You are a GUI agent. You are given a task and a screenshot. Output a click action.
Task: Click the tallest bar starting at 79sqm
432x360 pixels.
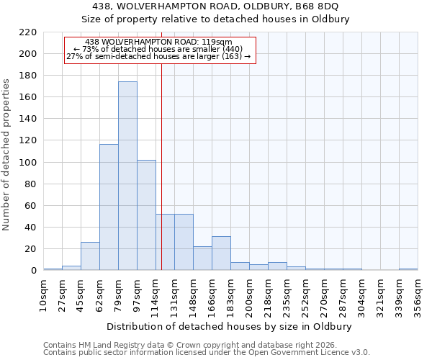tap(127, 176)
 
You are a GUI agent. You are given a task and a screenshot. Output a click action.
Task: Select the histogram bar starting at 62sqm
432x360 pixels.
tap(109, 207)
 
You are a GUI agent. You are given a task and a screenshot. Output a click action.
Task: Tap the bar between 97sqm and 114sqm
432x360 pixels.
tap(146, 215)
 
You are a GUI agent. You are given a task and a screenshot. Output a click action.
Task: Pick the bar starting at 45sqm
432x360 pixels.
tap(90, 256)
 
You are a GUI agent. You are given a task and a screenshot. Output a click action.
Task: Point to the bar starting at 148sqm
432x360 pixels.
tap(202, 258)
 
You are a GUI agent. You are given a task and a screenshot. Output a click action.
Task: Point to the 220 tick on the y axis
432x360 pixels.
tap(28, 32)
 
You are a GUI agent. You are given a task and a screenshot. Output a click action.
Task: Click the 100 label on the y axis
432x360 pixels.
tap(28, 163)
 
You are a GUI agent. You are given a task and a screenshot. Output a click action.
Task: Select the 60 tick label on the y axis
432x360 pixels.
tap(31, 206)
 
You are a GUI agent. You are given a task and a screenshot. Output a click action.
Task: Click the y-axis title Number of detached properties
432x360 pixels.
tap(6, 155)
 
